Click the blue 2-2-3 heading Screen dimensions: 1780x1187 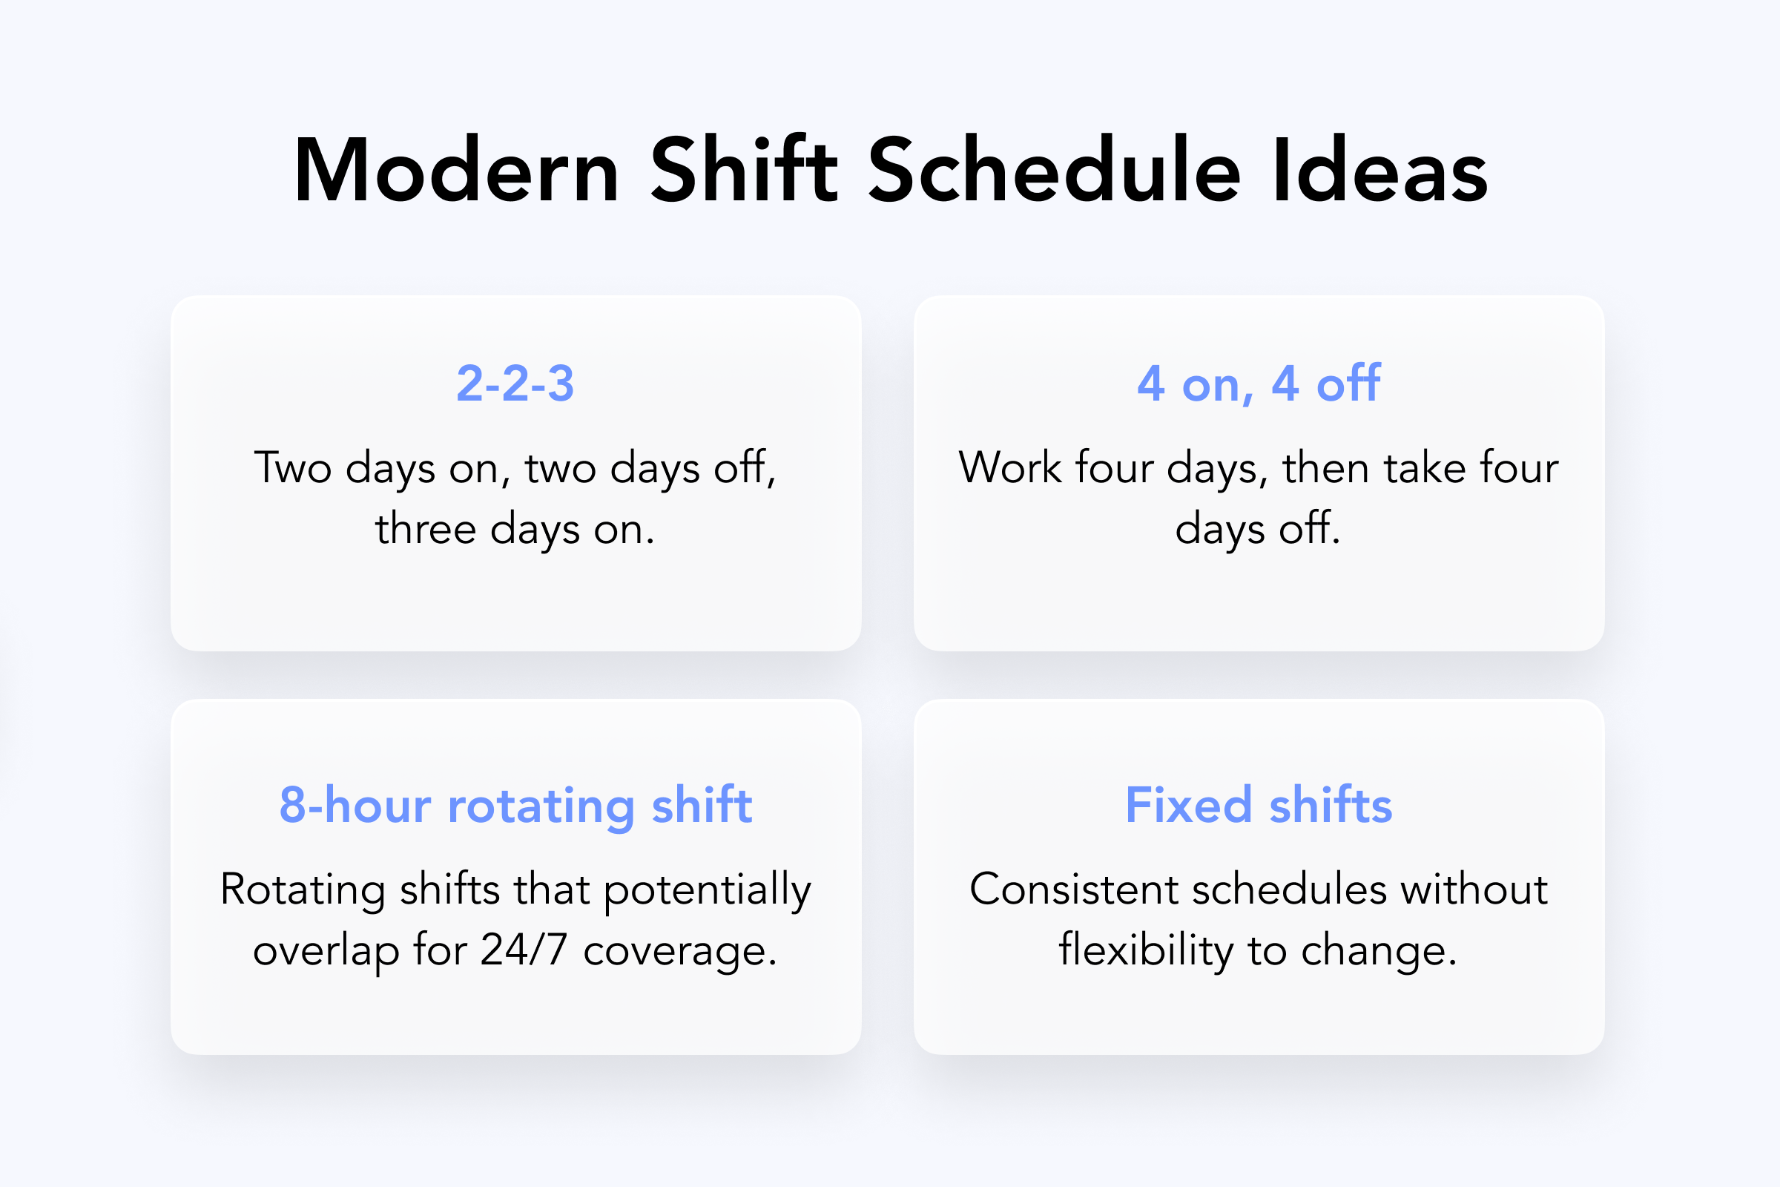[515, 383]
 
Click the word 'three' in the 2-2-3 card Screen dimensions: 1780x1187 [425, 527]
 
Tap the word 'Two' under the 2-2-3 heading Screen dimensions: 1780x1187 [293, 467]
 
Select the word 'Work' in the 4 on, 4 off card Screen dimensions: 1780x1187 [1010, 467]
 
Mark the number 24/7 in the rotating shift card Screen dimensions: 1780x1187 [524, 950]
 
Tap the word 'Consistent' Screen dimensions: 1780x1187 [1074, 889]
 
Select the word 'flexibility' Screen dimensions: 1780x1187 [1146, 950]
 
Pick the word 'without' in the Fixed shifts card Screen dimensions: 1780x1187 [1474, 889]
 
